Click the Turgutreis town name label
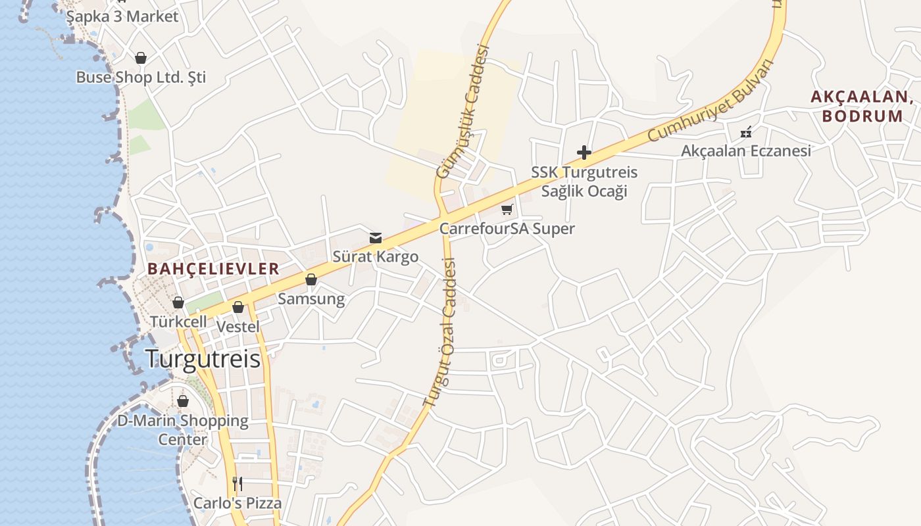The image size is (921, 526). pos(203,359)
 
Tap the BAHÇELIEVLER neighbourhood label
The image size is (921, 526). pos(214,269)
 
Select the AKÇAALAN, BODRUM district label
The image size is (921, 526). pos(862,107)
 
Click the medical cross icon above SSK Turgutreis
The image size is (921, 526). pos(584,153)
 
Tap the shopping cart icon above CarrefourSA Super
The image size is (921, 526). pos(507,210)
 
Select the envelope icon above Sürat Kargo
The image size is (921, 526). pos(376,238)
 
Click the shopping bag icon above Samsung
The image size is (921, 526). pos(311,280)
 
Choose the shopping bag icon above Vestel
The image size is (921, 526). pos(238,307)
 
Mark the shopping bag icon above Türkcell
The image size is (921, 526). pos(178,302)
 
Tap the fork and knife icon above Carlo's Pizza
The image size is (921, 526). pos(237,484)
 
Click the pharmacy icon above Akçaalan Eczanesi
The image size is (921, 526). pos(746,132)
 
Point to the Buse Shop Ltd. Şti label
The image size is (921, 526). pos(141,77)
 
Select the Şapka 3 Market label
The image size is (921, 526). pos(122,16)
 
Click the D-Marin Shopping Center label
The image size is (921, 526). pos(183,429)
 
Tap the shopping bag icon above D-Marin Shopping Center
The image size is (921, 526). pos(183,401)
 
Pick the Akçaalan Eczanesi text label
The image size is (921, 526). pos(746,151)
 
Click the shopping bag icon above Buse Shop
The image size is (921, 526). pos(140,58)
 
